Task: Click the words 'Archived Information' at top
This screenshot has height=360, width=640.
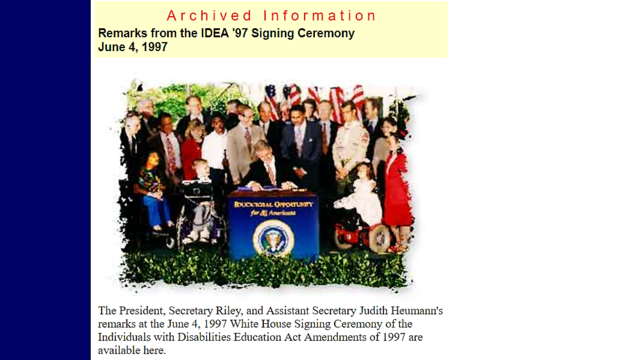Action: coord(271,15)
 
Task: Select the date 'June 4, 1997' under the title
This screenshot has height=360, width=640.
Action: coord(133,47)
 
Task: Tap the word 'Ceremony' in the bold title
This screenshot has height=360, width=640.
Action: coord(325,33)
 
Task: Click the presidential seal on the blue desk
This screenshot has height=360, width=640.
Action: coord(272,238)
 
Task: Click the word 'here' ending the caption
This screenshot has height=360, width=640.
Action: coord(152,351)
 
